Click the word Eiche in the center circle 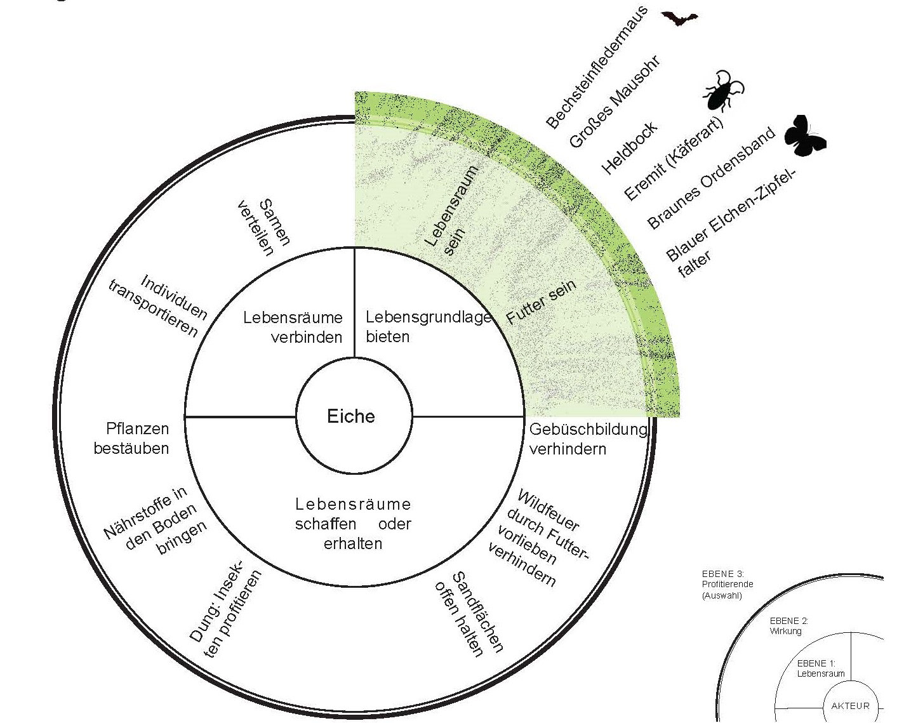(x=351, y=416)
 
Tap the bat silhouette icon (x=679, y=18)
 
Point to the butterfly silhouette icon (x=804, y=136)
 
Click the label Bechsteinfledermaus (x=596, y=68)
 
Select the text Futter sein (x=541, y=302)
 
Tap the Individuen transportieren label (x=158, y=305)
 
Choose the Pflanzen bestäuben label (x=131, y=438)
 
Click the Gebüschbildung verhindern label (x=588, y=439)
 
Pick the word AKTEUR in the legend (x=850, y=706)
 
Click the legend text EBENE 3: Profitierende (x=727, y=579)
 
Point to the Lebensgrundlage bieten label (x=428, y=326)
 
